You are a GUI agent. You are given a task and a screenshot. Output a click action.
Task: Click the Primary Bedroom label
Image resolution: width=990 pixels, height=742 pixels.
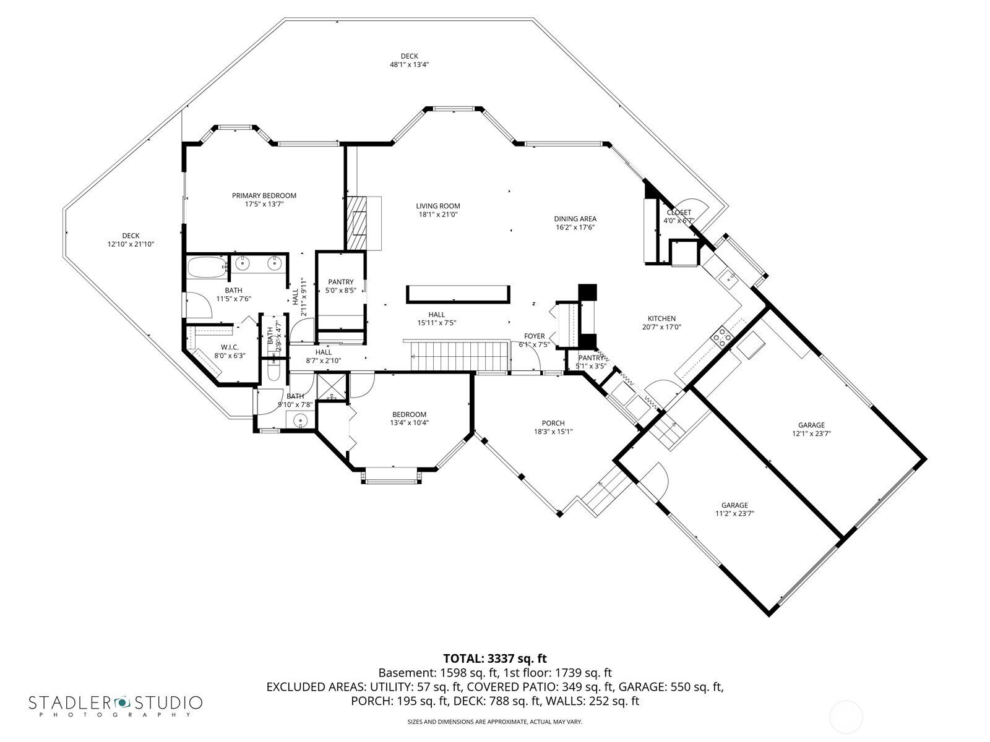(x=264, y=196)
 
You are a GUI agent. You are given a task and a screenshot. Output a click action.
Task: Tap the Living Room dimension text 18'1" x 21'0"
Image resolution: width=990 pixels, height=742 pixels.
(x=438, y=215)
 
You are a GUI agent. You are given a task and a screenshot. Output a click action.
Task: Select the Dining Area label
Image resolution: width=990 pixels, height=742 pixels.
(x=575, y=218)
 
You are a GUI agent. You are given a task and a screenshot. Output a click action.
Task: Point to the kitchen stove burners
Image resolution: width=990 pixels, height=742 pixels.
(x=721, y=337)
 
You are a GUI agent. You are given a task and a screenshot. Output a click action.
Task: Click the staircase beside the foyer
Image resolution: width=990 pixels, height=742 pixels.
(x=458, y=357)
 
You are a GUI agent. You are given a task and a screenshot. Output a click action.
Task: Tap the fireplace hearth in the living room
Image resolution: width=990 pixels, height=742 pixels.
(x=356, y=223)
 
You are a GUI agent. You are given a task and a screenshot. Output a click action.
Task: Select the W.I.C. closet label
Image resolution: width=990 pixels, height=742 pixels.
(x=230, y=348)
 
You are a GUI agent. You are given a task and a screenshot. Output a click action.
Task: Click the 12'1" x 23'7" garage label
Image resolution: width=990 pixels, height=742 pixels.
(x=811, y=425)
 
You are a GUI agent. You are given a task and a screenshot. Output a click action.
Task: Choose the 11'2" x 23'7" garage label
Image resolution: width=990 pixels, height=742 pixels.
(x=734, y=505)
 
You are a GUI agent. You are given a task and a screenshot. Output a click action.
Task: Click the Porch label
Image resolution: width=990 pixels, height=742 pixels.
(x=553, y=424)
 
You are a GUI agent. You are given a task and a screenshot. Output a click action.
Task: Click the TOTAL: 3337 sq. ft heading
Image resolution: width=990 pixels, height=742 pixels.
(x=495, y=659)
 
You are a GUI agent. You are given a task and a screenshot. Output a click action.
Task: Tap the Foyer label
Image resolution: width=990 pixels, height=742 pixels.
(x=534, y=336)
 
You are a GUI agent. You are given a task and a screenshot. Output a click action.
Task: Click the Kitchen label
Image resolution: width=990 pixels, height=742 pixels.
(x=662, y=318)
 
